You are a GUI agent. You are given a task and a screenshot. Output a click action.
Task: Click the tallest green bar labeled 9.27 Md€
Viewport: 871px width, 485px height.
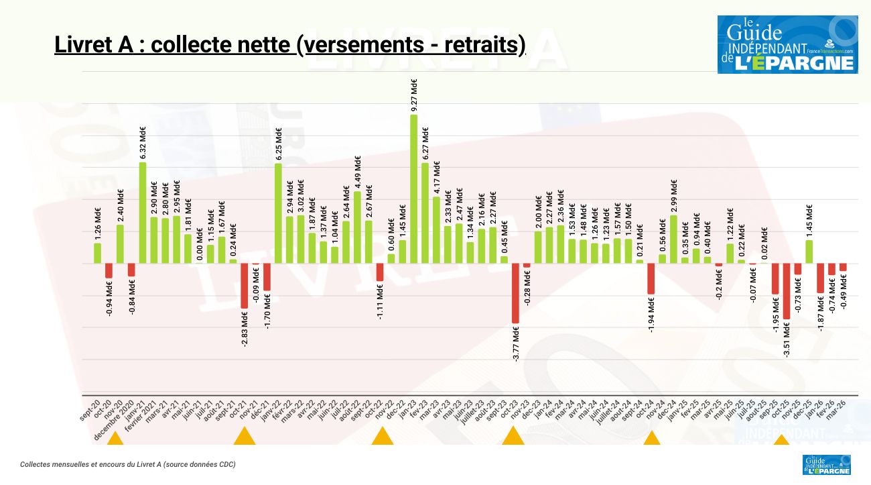pos(413,188)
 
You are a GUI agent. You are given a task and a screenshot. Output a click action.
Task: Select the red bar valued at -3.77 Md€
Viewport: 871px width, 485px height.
pos(515,293)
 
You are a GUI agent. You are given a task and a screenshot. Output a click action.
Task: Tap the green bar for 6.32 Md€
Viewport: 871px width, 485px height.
pos(143,213)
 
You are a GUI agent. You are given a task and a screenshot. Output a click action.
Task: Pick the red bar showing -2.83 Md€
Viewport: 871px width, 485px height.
pos(244,286)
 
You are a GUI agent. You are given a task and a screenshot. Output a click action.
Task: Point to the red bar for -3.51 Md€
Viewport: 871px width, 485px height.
pos(786,291)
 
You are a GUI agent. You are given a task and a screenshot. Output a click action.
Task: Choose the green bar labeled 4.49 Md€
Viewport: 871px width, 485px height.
pos(357,227)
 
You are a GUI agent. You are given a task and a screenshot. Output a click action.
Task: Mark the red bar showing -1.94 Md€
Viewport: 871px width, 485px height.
pos(651,278)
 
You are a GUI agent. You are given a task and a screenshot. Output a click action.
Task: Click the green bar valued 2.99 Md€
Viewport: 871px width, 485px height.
pos(673,239)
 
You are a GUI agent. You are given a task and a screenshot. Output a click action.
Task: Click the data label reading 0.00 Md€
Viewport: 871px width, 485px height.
pos(200,244)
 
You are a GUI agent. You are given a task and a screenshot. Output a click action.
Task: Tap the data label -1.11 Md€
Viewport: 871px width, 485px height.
pos(380,302)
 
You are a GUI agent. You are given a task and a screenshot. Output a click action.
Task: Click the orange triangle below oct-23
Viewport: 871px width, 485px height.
pos(513,436)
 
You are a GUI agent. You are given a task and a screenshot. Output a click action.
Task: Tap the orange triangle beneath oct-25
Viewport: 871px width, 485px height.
pos(781,440)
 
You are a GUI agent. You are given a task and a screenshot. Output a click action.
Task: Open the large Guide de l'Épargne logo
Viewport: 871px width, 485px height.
pos(787,44)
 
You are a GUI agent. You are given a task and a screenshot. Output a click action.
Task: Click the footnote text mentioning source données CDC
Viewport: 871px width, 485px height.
pos(127,464)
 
